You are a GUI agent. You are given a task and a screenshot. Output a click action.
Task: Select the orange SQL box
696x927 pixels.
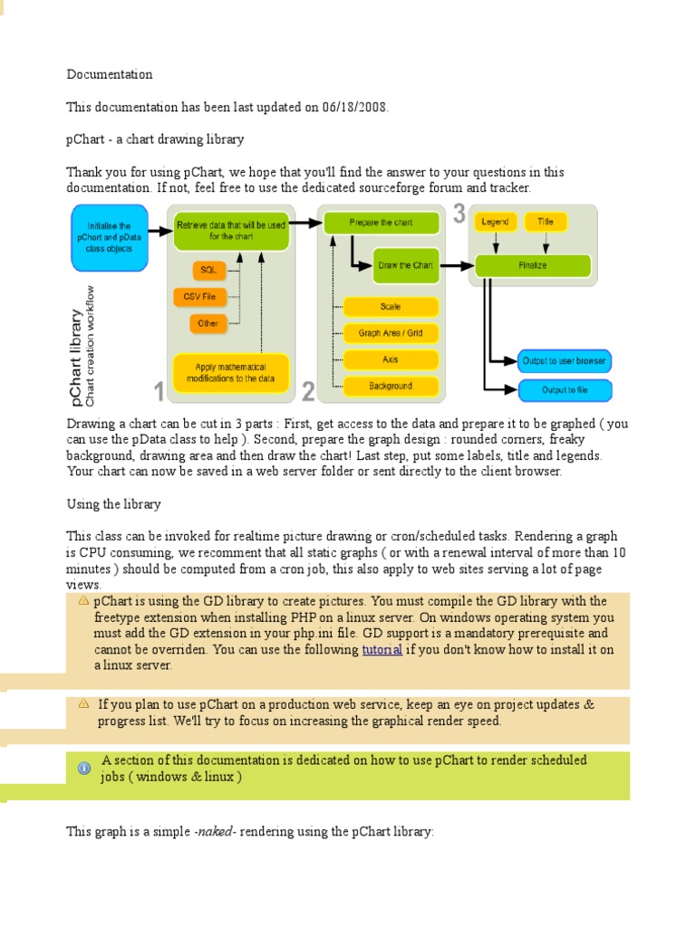(208, 271)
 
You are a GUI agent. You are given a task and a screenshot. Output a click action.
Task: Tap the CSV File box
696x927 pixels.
(199, 296)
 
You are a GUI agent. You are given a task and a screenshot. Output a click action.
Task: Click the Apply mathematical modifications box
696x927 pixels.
(230, 373)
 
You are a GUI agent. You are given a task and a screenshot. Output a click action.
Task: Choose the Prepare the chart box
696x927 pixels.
(381, 222)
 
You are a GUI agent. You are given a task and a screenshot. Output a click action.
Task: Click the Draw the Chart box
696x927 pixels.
(405, 265)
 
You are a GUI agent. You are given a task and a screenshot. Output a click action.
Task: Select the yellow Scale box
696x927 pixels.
(391, 308)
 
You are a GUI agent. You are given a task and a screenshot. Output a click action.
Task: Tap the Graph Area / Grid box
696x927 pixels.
(391, 333)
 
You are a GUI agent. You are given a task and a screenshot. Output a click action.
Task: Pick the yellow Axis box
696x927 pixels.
(391, 359)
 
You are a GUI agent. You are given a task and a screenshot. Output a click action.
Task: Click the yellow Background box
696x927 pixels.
(391, 386)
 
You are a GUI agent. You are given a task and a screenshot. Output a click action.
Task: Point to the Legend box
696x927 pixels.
(496, 222)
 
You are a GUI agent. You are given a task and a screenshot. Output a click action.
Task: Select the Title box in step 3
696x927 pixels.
(546, 222)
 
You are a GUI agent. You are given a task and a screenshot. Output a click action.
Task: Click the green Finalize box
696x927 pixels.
(533, 265)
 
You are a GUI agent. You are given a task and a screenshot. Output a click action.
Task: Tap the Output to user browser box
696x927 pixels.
(564, 360)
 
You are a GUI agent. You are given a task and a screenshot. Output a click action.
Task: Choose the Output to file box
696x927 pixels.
(564, 390)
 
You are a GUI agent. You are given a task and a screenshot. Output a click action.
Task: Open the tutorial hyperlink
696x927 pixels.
(382, 650)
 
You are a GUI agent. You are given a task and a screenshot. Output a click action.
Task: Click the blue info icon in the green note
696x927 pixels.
(84, 769)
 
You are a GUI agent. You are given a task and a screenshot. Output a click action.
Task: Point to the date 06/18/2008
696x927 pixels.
(353, 107)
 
